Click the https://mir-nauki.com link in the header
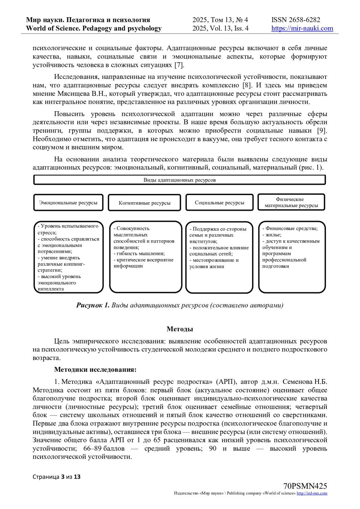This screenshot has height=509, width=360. [302, 28]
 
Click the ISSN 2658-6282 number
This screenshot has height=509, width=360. [296, 20]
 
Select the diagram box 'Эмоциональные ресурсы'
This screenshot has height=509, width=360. [68, 203]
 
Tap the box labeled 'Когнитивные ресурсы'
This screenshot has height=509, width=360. [144, 203]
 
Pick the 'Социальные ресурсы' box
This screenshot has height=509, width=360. [219, 203]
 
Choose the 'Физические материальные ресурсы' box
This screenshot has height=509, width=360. [291, 202]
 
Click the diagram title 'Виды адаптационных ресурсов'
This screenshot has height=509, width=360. [179, 180]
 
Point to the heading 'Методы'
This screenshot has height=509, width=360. [180, 329]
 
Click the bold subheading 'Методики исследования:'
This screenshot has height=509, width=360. [95, 370]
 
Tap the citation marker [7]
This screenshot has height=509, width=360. [179, 65]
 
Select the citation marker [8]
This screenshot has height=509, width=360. [247, 85]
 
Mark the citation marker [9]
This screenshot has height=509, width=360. [322, 131]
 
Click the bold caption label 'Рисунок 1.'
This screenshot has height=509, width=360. [93, 305]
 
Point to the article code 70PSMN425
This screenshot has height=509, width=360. [305, 486]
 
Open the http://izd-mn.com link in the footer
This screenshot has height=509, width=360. [312, 493]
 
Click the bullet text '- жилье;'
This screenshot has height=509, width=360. [272, 235]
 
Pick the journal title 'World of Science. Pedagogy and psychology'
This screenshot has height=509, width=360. [94, 28]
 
